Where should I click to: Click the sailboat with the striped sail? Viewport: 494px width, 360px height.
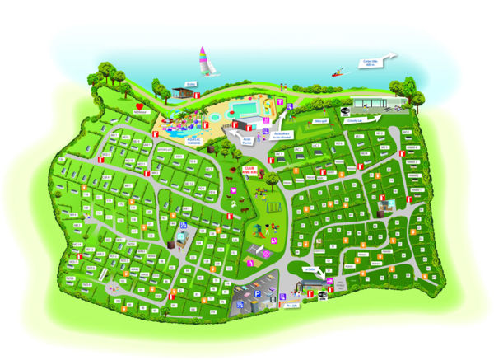203,61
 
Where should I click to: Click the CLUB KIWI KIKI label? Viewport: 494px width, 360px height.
250,169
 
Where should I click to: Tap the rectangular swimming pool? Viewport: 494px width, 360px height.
249,107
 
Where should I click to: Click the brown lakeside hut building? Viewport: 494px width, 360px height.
184,93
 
